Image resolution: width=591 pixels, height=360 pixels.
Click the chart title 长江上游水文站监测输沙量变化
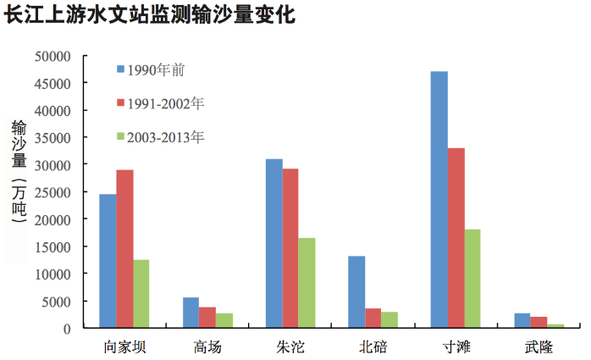[x=150, y=16]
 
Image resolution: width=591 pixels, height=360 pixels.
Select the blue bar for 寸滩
[x=439, y=200]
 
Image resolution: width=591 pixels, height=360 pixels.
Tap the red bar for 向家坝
[x=124, y=249]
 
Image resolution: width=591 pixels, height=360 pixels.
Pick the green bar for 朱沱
[x=307, y=283]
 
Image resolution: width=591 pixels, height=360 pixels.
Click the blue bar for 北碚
[x=356, y=292]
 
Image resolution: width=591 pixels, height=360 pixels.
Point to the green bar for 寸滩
[x=472, y=279]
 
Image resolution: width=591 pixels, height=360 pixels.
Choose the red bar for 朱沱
[x=290, y=248]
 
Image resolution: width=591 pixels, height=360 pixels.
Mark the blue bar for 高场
[x=191, y=313]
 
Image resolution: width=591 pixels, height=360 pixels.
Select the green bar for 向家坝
[x=141, y=294]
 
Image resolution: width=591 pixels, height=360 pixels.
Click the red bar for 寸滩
[x=456, y=238]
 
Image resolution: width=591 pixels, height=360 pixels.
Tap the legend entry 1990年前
[x=156, y=69]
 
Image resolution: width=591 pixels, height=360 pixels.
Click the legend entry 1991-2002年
[x=166, y=103]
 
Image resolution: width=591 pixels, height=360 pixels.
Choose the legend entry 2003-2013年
[x=166, y=136]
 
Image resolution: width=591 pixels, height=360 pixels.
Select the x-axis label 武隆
[x=538, y=346]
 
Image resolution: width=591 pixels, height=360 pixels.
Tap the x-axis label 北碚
[x=373, y=346]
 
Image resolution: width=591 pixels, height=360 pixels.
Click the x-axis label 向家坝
[x=124, y=346]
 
